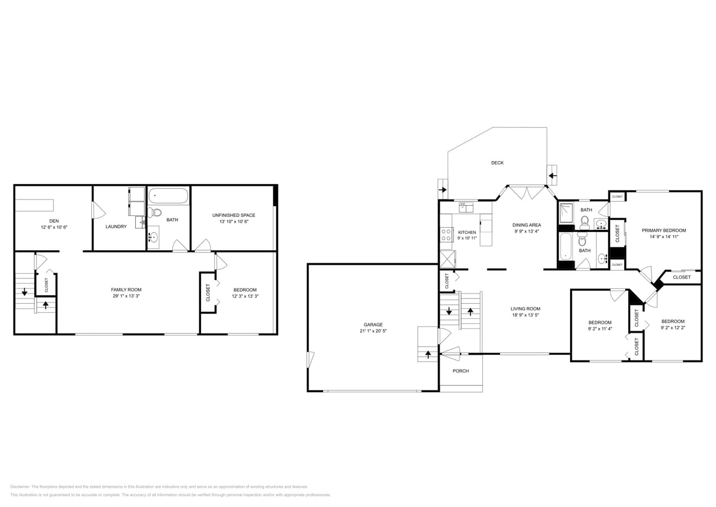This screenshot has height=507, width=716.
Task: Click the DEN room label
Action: tap(53, 221)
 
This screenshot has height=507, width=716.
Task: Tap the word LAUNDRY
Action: tap(116, 226)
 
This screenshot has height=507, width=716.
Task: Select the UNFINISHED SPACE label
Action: tap(234, 215)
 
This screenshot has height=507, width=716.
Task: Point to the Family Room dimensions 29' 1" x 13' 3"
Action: tap(126, 296)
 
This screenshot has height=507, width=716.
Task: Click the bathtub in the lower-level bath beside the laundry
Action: tap(168, 195)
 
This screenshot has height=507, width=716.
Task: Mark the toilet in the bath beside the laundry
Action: tap(155, 212)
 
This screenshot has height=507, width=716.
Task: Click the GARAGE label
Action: tap(373, 324)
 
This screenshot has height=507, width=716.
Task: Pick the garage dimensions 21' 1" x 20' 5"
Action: tap(373, 331)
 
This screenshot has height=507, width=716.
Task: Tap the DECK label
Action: tap(497, 163)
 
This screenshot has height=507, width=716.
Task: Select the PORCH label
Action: tap(460, 371)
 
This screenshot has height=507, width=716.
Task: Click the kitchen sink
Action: tap(466, 207)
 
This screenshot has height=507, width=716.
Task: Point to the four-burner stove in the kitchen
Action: tap(446, 235)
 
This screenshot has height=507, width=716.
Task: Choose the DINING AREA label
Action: tap(526, 225)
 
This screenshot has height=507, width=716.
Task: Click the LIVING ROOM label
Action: tap(525, 309)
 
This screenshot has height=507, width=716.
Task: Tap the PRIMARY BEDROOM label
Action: tap(664, 230)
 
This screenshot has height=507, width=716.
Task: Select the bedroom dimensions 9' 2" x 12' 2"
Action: tap(673, 327)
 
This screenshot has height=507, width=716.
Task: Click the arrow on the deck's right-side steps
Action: tap(552, 175)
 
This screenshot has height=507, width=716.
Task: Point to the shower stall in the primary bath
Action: tap(566, 214)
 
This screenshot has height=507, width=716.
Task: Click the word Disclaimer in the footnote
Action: tap(20, 487)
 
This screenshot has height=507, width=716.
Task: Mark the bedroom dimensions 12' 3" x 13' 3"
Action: tap(245, 296)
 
